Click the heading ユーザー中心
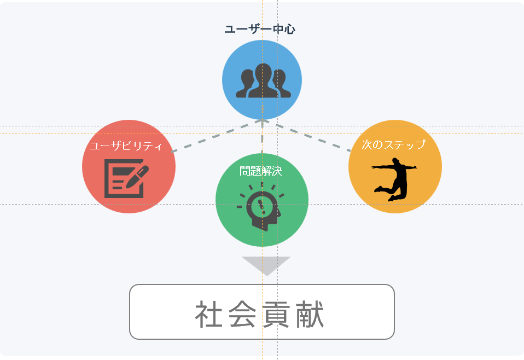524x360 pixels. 260,30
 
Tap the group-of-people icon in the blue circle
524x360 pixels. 263,80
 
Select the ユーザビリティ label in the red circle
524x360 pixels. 126,146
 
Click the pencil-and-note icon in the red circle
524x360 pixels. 126,178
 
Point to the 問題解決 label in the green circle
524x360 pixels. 261,171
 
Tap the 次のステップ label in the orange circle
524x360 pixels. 393,144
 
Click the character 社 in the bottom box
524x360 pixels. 209,314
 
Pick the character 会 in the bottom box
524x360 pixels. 242,314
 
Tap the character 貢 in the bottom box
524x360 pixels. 276,314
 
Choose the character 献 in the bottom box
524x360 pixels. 310,314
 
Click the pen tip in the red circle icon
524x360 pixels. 127,185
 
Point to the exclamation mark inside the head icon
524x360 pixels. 262,207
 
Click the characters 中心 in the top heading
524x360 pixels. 284,30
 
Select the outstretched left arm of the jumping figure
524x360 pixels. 383,167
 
